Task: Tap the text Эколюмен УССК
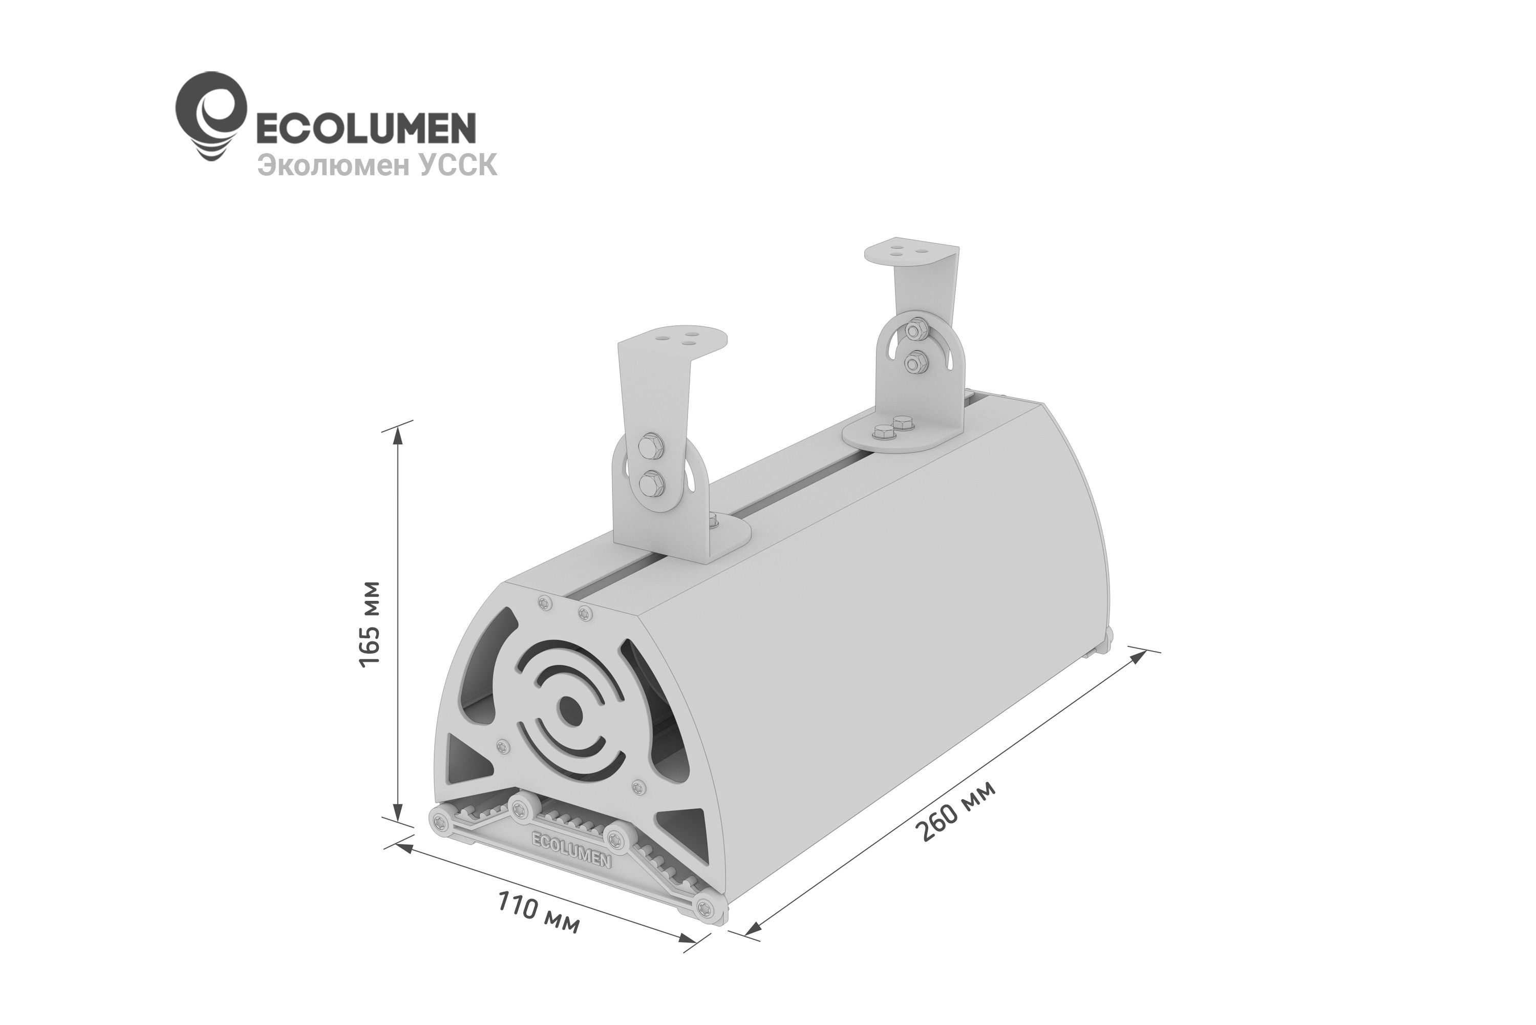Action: click(x=377, y=165)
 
